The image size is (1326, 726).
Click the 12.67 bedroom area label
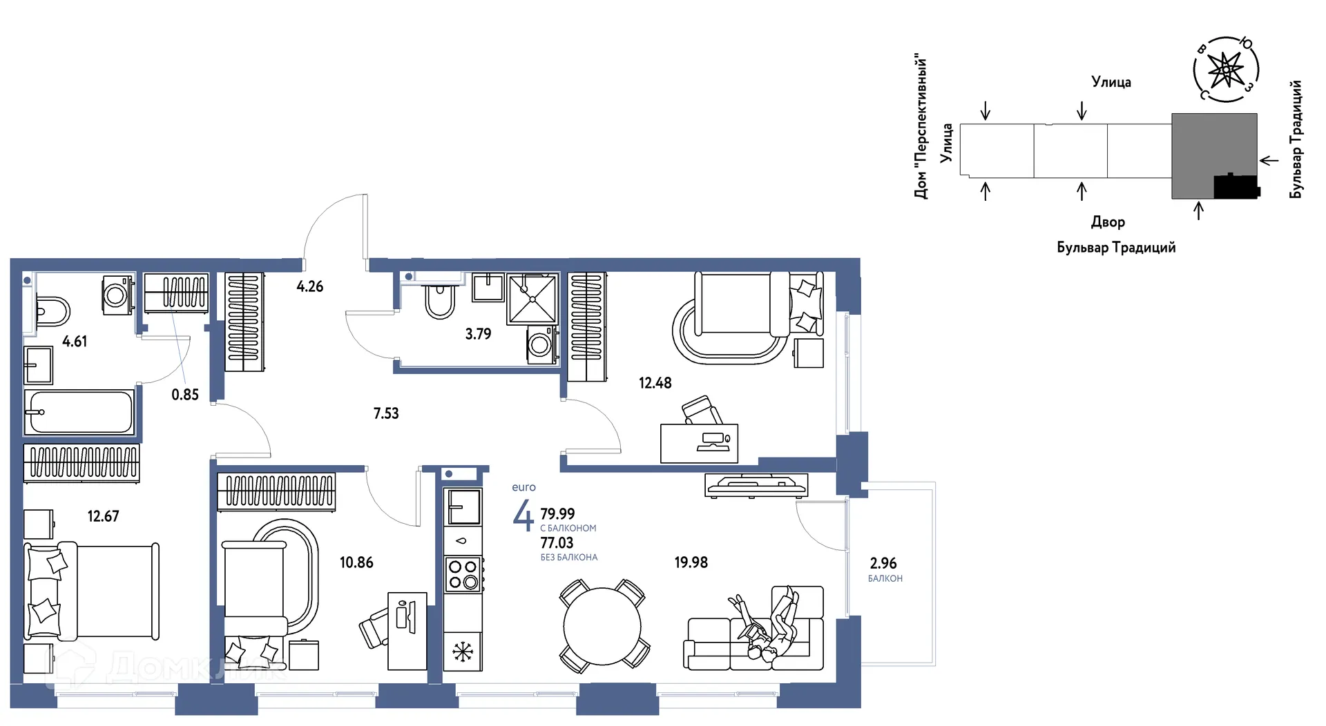pos(103,516)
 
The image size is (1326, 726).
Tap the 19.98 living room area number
pos(691,562)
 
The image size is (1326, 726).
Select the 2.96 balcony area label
pos(883,563)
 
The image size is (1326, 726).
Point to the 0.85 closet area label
pos(185,395)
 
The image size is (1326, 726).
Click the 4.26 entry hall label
pos(310,286)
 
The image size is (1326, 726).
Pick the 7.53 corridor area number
pos(386,413)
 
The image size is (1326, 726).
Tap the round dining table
pos(602,627)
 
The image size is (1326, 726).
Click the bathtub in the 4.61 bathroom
pos(79,412)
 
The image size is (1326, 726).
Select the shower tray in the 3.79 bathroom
pos(532,299)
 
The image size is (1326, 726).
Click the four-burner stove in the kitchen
pos(463,574)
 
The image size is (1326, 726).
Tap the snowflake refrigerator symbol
pos(463,651)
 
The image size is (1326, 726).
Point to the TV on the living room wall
pos(756,484)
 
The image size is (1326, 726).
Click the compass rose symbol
pos(1226,69)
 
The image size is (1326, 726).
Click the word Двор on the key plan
pos(1108,222)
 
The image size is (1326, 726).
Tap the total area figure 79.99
pos(557,514)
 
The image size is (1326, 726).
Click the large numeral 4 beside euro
pos(523,515)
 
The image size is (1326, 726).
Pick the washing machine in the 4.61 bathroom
pos(117,295)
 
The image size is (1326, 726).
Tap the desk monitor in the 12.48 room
pos(714,440)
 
